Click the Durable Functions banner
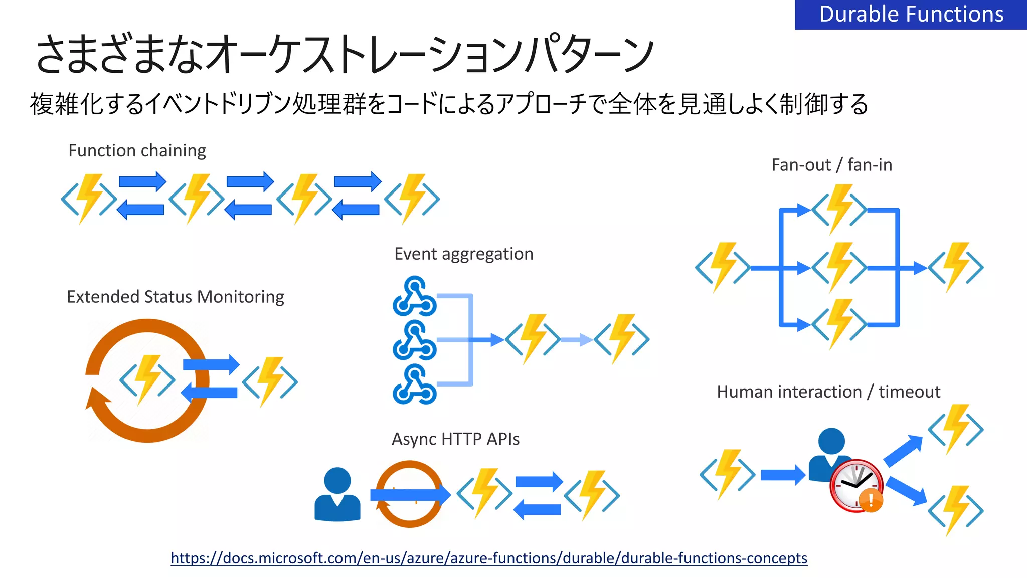[911, 15]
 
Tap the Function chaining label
[137, 150]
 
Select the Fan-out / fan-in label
[831, 165]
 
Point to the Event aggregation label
[463, 254]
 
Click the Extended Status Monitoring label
[175, 297]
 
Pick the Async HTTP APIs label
[455, 439]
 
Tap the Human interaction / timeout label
[828, 392]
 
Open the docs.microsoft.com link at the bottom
[488, 558]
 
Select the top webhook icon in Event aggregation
[415, 296]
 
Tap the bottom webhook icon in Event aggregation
[415, 385]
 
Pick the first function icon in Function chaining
[89, 199]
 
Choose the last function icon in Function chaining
[412, 199]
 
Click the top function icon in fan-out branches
[839, 210]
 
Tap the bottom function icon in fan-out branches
[839, 324]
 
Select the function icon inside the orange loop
[147, 379]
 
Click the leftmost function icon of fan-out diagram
[723, 268]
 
